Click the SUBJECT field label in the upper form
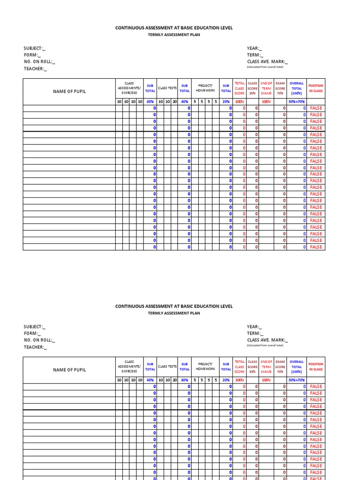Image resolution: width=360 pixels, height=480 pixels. click(35, 48)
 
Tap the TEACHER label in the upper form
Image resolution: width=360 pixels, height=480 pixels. click(35, 68)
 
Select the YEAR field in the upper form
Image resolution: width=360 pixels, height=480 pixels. click(255, 48)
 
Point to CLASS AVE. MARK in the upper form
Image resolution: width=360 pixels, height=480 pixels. click(267, 62)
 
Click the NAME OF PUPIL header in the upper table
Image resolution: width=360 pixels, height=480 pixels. click(69, 91)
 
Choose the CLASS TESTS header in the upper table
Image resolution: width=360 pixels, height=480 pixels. click(167, 88)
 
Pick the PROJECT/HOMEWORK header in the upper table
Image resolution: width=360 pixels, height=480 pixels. click(205, 88)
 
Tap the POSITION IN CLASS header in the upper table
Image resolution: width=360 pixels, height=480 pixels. click(315, 88)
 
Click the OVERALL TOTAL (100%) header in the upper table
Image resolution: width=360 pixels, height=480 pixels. click(296, 88)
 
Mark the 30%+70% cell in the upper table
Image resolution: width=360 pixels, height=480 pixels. click(296, 102)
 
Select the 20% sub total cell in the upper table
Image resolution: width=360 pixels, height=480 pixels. click(226, 102)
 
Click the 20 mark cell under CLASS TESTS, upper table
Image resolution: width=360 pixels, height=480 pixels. click(174, 102)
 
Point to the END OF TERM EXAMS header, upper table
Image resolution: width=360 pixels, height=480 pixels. click(266, 88)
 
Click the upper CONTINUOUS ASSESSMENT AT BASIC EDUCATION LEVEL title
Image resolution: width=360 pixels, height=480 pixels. click(174, 28)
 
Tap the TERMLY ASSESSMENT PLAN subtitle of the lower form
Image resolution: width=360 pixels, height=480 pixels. click(174, 313)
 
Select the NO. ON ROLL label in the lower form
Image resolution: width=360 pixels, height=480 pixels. click(39, 340)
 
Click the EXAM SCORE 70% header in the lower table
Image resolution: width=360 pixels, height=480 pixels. click(280, 367)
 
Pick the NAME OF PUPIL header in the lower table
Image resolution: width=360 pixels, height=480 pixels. click(69, 370)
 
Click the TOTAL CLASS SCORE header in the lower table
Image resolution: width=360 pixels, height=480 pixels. click(240, 367)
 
